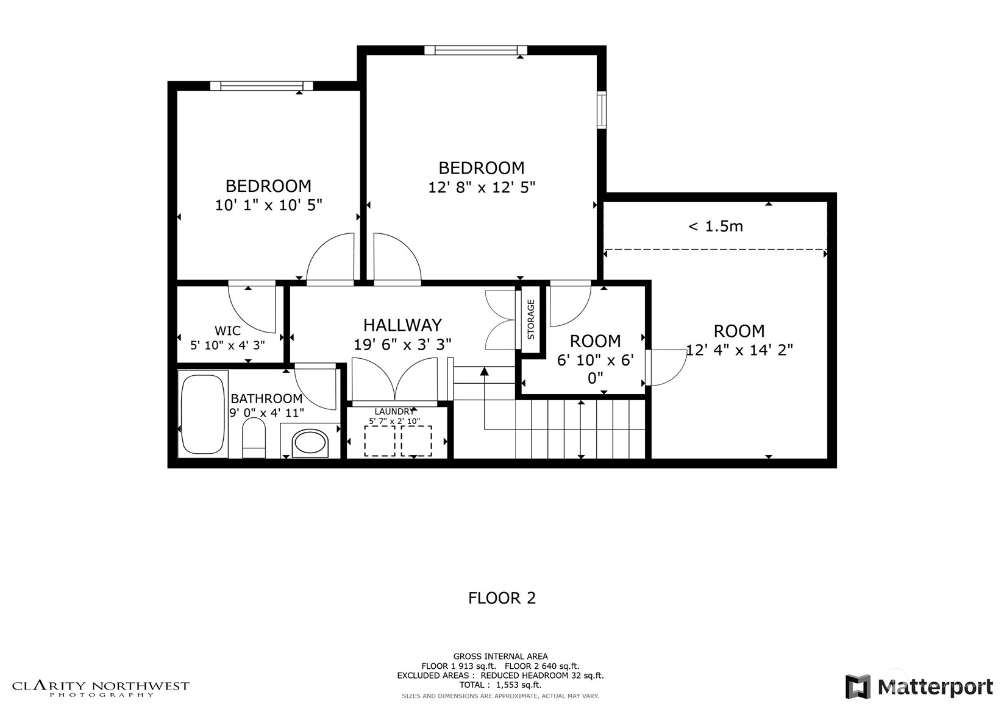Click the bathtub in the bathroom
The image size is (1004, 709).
tap(202, 414)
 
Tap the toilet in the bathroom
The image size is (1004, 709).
tap(254, 440)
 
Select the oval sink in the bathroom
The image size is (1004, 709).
tap(310, 443)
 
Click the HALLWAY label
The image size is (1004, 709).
tap(402, 325)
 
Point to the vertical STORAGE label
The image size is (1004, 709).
tap(530, 319)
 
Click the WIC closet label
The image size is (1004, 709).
tap(227, 331)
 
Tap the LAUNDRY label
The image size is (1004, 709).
tap(394, 412)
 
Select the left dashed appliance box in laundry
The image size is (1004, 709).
tap(379, 441)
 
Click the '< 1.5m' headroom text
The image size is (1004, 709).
tap(715, 227)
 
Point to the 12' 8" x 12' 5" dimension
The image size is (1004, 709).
tap(482, 187)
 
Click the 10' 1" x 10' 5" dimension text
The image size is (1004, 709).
tap(268, 205)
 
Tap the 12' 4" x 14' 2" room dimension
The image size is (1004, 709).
tap(739, 350)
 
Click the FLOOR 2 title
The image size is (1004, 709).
tap(502, 598)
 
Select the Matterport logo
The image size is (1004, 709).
tap(919, 686)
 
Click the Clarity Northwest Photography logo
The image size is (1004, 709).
tap(101, 688)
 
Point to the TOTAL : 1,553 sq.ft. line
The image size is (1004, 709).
tap(500, 685)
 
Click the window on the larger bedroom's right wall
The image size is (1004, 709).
tap(602, 110)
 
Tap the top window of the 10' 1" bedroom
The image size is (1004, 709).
tap(262, 86)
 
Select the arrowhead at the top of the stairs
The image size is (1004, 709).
tap(484, 371)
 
